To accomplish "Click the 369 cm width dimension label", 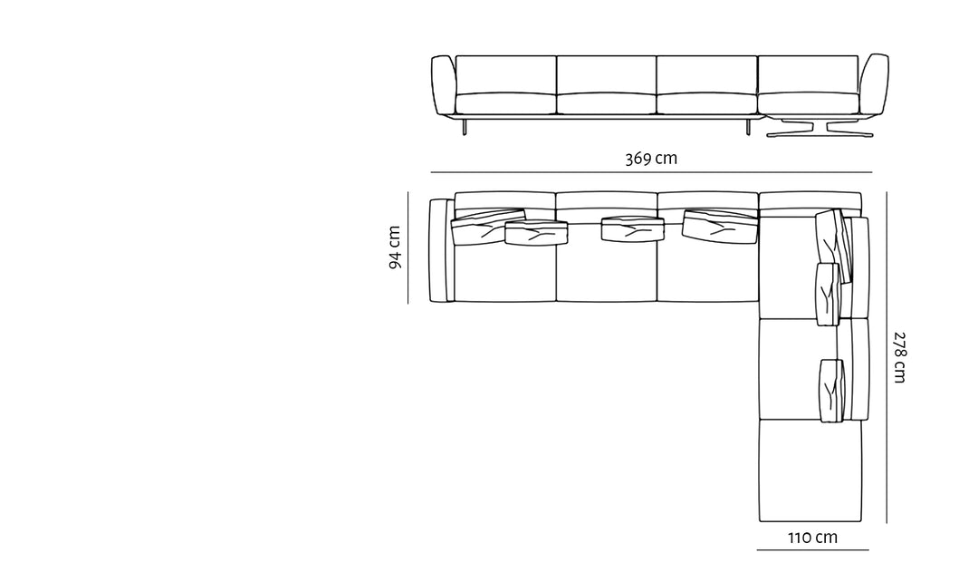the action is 651,158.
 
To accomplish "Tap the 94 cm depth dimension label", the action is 395,247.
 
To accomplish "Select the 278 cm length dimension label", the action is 899,357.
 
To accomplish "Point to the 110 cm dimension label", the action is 812,537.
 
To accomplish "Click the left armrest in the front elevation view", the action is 444,85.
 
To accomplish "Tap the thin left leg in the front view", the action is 464,126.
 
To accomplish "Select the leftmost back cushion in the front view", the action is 506,75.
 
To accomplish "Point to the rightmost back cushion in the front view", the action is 809,75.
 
